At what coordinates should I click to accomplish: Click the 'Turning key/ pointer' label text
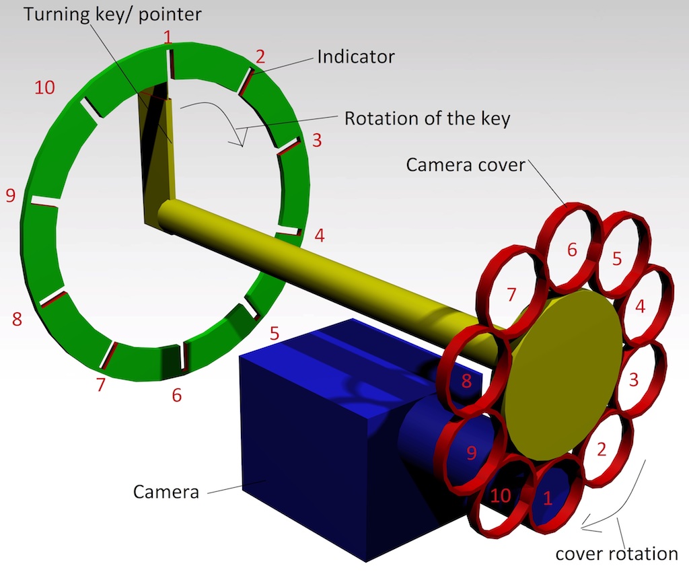112,14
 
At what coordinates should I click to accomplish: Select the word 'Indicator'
356,57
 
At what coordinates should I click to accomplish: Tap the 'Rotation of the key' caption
427,118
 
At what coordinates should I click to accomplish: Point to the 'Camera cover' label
465,164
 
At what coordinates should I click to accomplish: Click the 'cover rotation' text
616,554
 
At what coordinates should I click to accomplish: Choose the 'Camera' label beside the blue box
166,491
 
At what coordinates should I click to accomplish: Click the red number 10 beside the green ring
44,87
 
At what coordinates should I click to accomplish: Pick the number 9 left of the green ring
10,196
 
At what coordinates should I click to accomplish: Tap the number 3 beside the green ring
317,141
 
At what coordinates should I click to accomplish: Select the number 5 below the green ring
274,332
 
